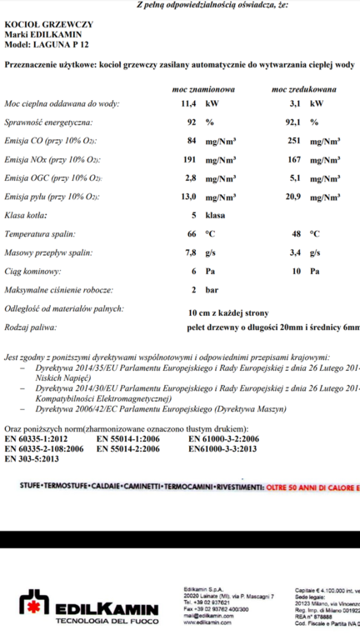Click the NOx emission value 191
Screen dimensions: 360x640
pyautogui.click(x=188, y=158)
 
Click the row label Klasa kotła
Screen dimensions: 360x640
pyautogui.click(x=27, y=215)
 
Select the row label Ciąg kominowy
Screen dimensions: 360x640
pyautogui.click(x=34, y=271)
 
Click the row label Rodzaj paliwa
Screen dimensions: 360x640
pyautogui.click(x=32, y=329)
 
